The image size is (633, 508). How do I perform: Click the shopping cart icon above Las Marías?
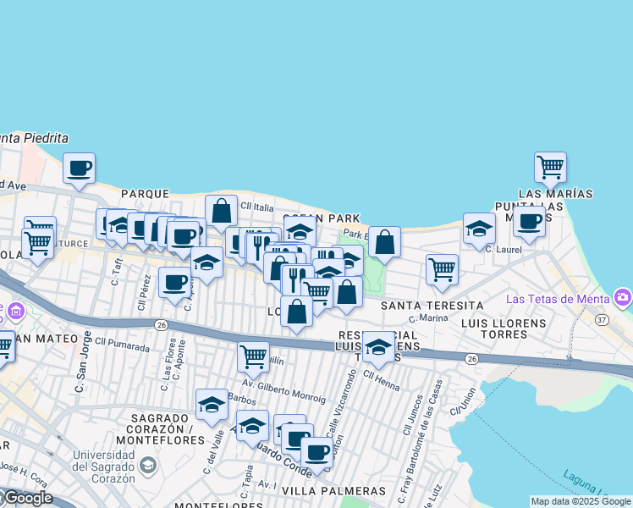[551, 167]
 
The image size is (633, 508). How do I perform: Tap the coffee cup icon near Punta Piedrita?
[79, 168]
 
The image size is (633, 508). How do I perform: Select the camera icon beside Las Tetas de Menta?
[624, 297]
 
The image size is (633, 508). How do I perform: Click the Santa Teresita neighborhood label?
[432, 305]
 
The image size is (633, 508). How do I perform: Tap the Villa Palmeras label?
[333, 491]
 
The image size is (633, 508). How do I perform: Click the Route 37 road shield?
[602, 320]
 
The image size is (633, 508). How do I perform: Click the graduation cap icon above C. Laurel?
[479, 228]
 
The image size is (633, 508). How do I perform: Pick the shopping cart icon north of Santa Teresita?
[442, 269]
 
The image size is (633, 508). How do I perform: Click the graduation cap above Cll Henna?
[378, 346]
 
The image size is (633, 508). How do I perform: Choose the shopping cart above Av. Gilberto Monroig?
[253, 356]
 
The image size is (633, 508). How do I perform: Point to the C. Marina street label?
[427, 319]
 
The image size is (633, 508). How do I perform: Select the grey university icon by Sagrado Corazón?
[148, 465]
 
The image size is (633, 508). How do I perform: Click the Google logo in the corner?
[27, 498]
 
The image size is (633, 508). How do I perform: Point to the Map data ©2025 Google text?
[581, 501]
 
